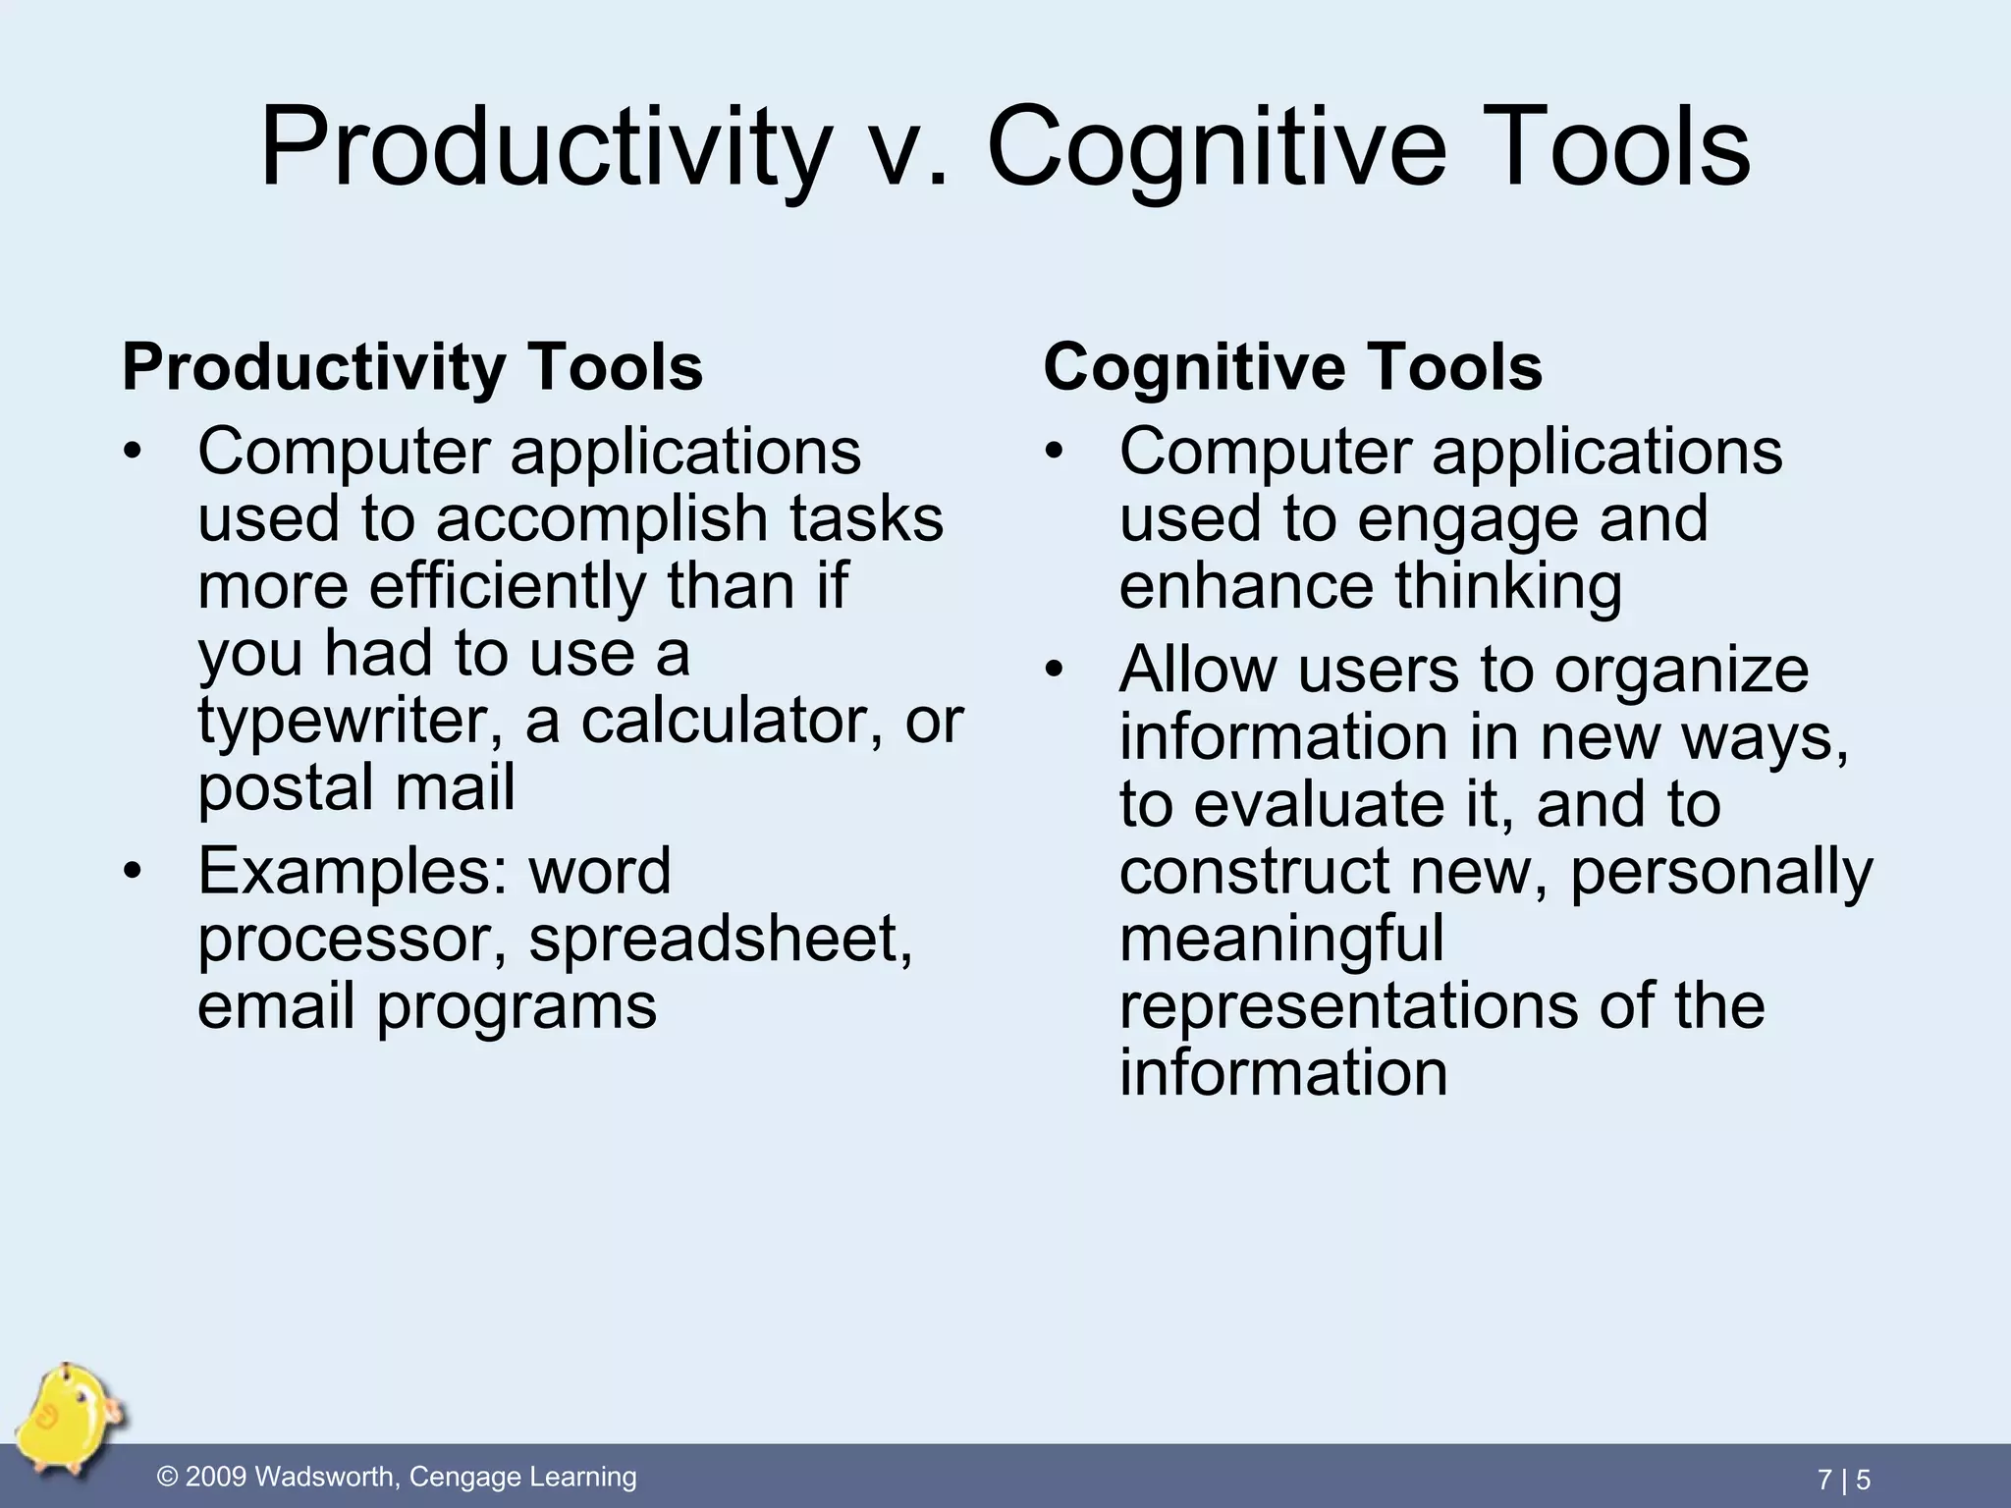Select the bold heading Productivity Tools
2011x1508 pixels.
412,367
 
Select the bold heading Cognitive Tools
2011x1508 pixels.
1292,367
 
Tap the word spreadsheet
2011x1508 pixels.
721,940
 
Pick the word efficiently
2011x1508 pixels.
507,586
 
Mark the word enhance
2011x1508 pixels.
1245,586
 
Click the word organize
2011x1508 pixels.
1681,671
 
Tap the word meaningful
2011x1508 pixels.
1281,938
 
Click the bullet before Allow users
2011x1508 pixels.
1055,670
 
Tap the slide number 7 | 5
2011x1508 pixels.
1843,1479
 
